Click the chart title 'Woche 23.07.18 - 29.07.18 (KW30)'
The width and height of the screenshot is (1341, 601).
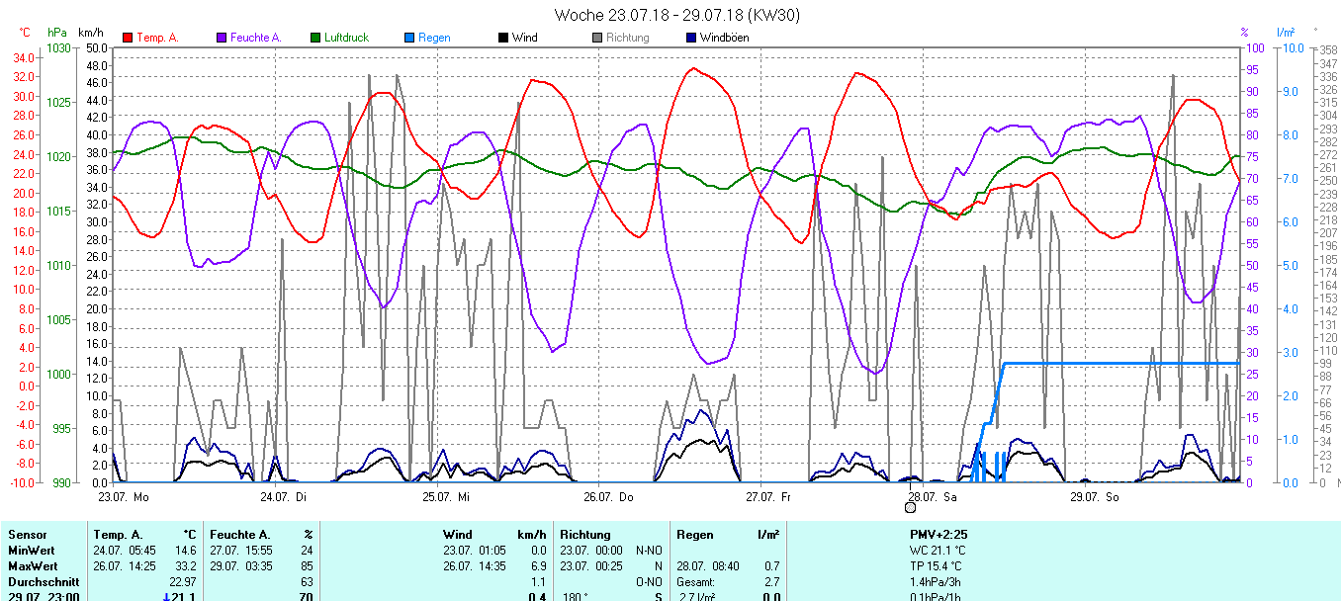(676, 15)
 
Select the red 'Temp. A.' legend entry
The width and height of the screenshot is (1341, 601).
(156, 38)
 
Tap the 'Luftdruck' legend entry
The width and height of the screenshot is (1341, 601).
(345, 38)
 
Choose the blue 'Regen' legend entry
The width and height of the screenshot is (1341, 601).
(433, 38)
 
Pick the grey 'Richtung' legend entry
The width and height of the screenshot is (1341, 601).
(627, 38)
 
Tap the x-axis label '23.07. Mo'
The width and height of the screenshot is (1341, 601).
(124, 496)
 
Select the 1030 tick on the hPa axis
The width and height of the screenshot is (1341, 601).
(58, 48)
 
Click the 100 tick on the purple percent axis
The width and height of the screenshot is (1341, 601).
(1253, 48)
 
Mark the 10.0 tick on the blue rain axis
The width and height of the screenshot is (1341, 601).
(1290, 48)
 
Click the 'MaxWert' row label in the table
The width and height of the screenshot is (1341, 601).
(30, 566)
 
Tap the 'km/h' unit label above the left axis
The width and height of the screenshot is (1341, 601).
(91, 33)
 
